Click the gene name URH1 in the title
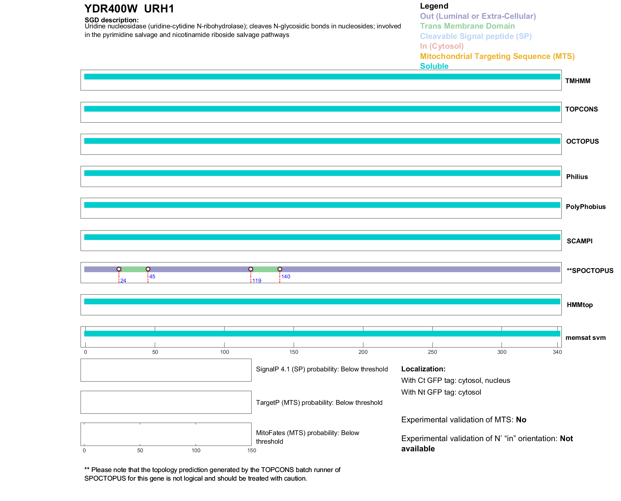coord(159,9)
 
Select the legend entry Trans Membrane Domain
coord(467,26)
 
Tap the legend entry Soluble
coord(434,66)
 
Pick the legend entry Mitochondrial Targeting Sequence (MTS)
coord(497,56)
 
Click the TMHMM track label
coord(577,81)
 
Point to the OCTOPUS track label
coord(582,141)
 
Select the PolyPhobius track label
coord(585,207)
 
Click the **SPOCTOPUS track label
coord(590,271)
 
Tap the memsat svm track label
coord(585,338)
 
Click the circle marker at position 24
coord(119,269)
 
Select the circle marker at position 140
coord(280,269)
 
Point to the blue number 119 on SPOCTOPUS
coord(257,281)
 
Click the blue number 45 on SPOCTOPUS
coord(152,276)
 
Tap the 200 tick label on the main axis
coord(363,352)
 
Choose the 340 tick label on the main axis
coord(557,352)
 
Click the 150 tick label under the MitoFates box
coord(252,450)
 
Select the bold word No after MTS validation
coord(521,420)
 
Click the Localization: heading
coord(423,369)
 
